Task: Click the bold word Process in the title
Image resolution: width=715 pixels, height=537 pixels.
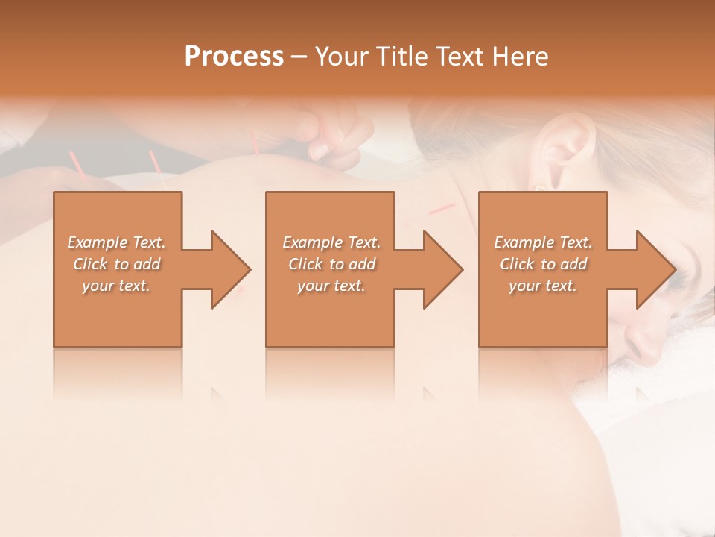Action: (234, 57)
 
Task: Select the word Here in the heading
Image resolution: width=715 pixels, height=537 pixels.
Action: (521, 57)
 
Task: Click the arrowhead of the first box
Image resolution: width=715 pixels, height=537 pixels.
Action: (230, 269)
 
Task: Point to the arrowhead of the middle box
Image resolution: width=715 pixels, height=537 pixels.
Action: (442, 269)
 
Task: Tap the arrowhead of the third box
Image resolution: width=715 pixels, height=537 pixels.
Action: (655, 269)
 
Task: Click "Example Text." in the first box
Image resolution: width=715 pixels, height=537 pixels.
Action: (117, 242)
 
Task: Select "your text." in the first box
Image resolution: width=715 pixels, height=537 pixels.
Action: (117, 286)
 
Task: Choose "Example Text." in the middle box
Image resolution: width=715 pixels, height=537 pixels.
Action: (331, 242)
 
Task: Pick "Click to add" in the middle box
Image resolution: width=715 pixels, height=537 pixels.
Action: (331, 264)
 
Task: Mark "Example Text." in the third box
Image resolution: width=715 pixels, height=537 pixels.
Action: (543, 242)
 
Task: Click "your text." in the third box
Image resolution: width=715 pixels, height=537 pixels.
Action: (543, 286)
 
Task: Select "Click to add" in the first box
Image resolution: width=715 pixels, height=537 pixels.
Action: (117, 264)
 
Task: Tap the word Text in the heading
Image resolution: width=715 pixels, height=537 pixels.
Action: (457, 57)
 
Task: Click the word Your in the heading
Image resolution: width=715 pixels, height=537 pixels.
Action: (341, 57)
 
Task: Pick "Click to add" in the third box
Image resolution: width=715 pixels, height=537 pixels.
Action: (543, 264)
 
